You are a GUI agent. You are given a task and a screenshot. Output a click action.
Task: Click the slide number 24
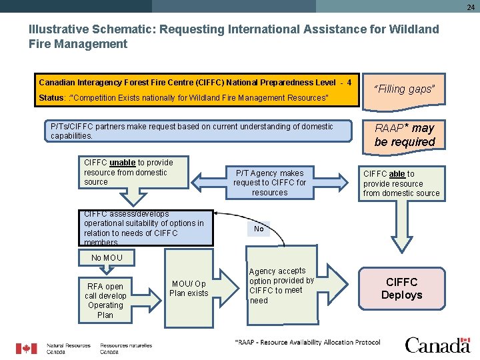click(x=471, y=7)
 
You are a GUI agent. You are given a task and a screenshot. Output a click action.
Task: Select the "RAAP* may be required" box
click(x=404, y=135)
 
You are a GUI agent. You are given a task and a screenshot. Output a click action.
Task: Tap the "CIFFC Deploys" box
click(x=401, y=289)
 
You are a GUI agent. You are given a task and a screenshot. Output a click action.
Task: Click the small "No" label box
click(x=259, y=229)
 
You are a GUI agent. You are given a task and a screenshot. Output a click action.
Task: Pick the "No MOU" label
click(x=107, y=257)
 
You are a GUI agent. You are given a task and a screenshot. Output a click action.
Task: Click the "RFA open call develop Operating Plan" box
click(x=105, y=301)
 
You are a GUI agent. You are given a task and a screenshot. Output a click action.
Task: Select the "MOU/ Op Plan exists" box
click(x=189, y=288)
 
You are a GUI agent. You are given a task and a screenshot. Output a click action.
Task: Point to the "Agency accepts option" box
click(x=281, y=285)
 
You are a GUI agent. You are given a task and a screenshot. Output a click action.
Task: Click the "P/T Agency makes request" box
click(x=269, y=183)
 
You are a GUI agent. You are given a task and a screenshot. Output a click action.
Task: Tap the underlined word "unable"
click(x=122, y=163)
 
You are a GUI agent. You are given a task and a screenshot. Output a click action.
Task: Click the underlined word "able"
click(x=397, y=174)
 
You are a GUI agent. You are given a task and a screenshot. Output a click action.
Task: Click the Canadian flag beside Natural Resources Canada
click(x=27, y=349)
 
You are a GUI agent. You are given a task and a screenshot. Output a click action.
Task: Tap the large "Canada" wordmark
click(x=437, y=345)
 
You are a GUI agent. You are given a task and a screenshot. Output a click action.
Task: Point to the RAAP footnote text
click(x=307, y=343)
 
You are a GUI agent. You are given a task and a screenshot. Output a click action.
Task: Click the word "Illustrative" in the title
click(x=61, y=29)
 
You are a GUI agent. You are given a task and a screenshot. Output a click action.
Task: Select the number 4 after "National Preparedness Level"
click(x=349, y=83)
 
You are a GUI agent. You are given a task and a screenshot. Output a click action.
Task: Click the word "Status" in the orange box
click(x=51, y=98)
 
